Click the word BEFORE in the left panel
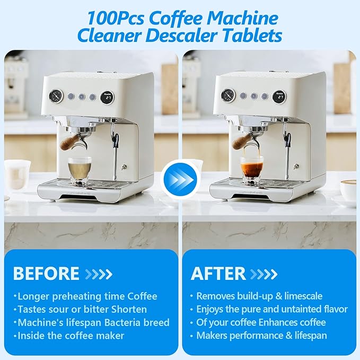click(x=46, y=274)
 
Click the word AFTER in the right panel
click(x=218, y=274)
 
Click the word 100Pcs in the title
click(x=112, y=17)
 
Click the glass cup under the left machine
click(x=80, y=170)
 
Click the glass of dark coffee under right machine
click(x=252, y=170)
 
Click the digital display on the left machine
click(x=108, y=98)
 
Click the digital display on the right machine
click(x=279, y=97)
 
